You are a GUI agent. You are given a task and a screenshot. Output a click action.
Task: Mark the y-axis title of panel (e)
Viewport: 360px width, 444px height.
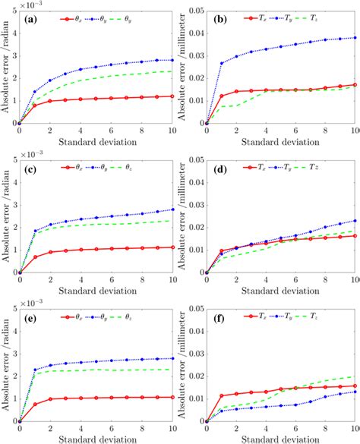(6, 361)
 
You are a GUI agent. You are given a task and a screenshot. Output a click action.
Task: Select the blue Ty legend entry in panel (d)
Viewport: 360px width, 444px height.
(298, 164)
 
